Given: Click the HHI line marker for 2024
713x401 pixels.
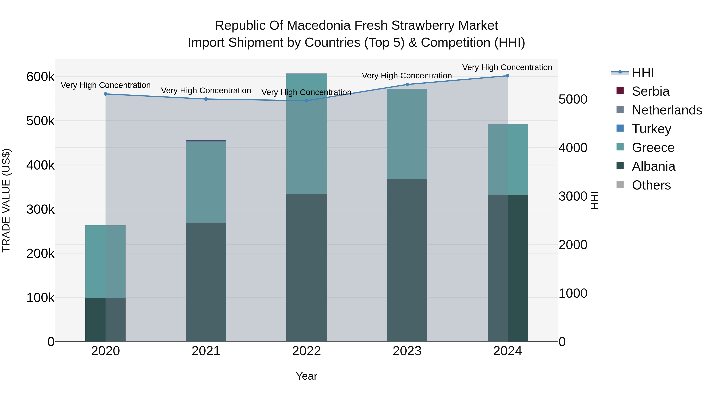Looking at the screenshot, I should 507,76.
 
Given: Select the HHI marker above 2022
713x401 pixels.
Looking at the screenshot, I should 306,101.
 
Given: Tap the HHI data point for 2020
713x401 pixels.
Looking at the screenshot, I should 105,94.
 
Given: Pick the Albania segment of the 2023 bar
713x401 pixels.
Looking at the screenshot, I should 407,260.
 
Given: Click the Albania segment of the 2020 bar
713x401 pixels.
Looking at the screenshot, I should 105,320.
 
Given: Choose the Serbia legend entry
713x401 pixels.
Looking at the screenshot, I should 650,91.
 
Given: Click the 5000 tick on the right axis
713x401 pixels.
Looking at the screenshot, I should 573,99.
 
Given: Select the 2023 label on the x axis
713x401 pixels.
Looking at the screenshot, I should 407,351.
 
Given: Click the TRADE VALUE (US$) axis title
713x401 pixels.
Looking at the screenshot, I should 6,200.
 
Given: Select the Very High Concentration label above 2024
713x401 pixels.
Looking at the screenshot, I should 507,67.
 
